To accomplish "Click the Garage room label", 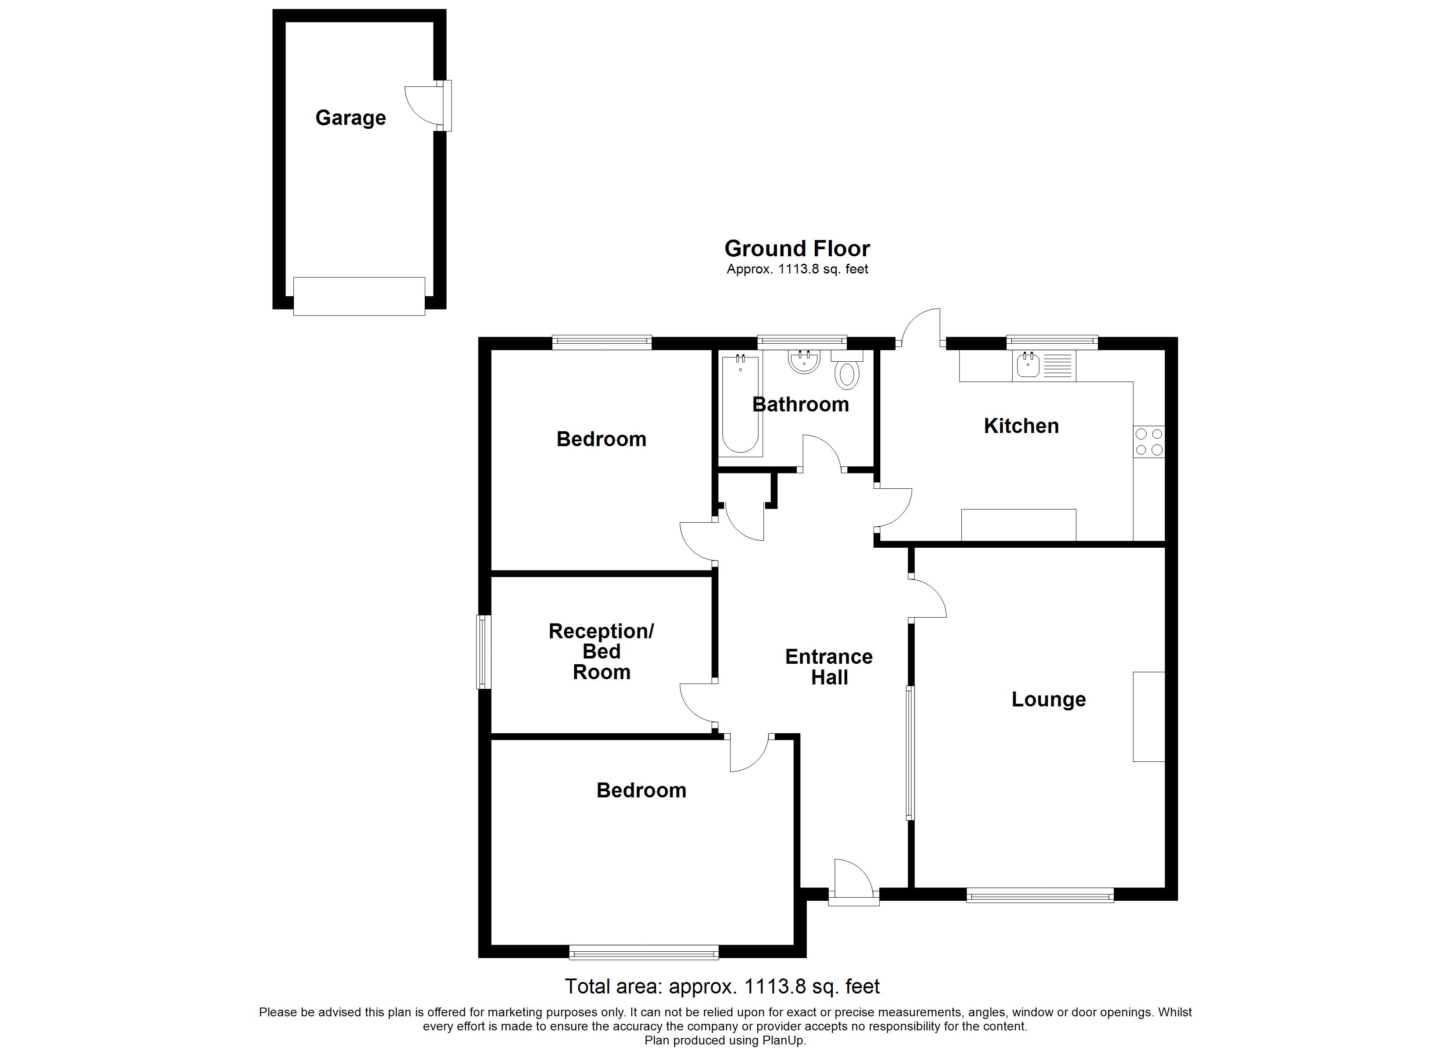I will (x=350, y=118).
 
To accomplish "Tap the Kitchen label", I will (x=1021, y=426).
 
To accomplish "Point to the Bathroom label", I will (x=800, y=404).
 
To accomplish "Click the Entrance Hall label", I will (x=829, y=667).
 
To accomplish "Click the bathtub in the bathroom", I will (x=740, y=404).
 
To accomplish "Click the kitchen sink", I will (x=1028, y=365).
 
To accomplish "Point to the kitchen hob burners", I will (x=1148, y=441).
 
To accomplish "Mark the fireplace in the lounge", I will (x=1148, y=717).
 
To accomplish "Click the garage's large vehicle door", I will (x=359, y=295).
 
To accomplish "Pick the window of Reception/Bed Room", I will (x=484, y=651).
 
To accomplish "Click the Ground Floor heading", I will (x=797, y=248).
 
